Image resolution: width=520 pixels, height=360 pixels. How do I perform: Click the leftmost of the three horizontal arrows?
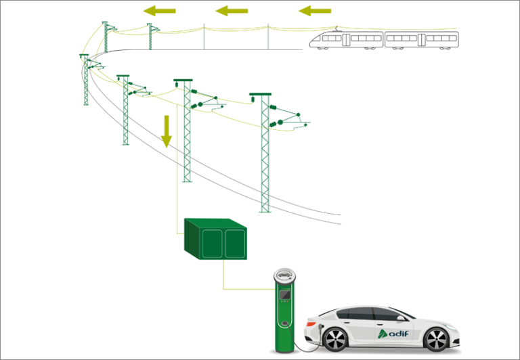(x=160, y=11)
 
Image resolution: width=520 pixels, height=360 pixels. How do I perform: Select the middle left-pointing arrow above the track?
(x=231, y=11)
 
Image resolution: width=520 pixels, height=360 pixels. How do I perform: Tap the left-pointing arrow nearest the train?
(x=315, y=11)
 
